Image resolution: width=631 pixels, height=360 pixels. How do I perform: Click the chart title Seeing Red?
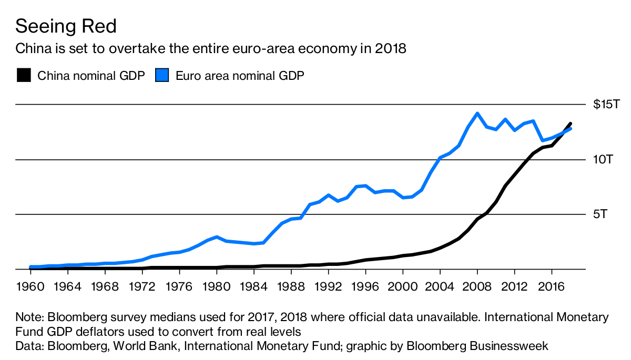[66, 26]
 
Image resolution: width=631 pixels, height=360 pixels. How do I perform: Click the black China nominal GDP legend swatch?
[24, 76]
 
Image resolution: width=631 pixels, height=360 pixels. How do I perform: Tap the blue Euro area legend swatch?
[162, 76]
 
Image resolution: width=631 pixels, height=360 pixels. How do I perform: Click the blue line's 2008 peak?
[477, 114]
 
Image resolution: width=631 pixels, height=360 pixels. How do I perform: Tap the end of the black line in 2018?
[570, 124]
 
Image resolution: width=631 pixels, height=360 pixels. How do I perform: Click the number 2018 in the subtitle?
[391, 49]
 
